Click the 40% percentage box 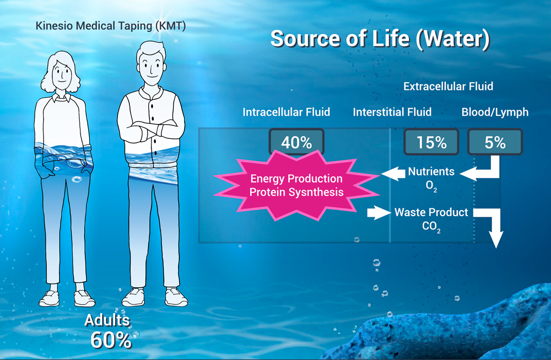296,142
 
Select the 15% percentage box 431,142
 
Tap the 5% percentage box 495,142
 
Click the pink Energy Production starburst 296,185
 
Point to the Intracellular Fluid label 287,112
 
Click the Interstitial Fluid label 392,112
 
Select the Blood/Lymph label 495,112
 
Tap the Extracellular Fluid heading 448,87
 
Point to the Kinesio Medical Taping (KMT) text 111,26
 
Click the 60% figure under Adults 111,340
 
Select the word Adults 107,320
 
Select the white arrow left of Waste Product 379,213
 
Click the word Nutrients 431,171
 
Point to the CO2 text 431,226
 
